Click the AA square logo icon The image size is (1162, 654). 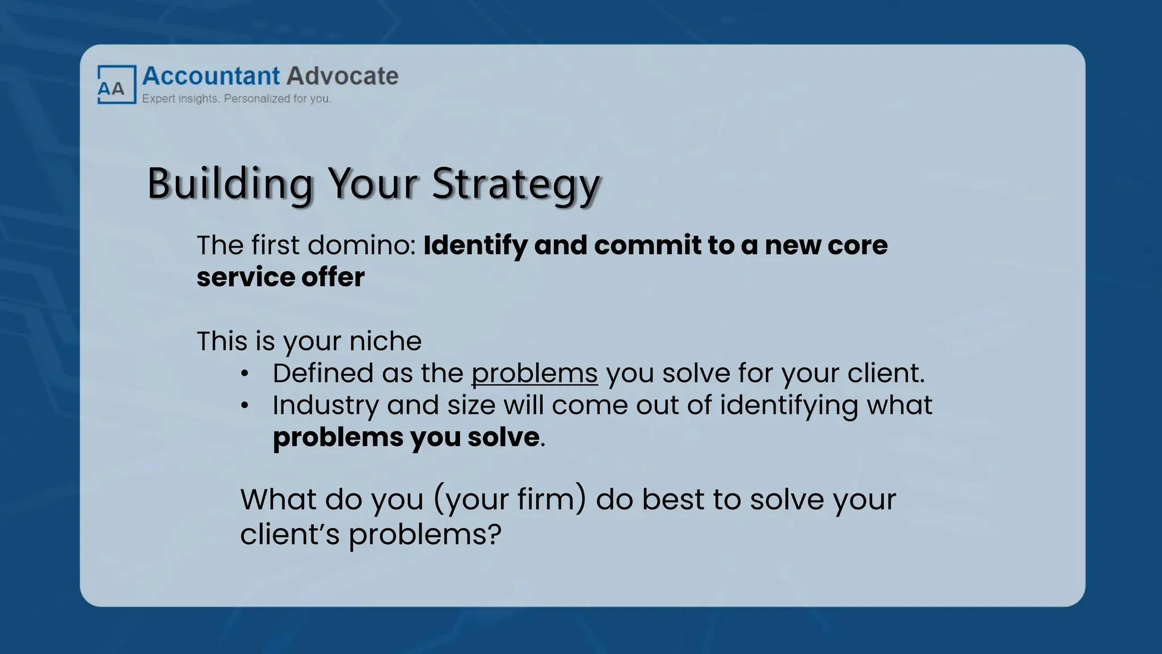pos(116,85)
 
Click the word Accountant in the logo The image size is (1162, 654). pos(211,76)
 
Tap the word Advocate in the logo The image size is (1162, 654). pos(343,76)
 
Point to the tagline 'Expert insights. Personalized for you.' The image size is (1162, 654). pos(236,99)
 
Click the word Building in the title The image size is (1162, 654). pos(230,184)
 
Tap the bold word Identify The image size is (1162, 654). pos(475,245)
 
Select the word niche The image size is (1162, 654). pos(385,341)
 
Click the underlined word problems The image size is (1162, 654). pos(534,374)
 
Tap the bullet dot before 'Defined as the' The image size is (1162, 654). pos(245,374)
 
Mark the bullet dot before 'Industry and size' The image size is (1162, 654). pos(245,405)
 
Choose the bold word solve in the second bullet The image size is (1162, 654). pos(503,437)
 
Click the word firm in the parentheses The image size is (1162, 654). pos(550,500)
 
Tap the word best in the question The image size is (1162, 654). pos(673,500)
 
